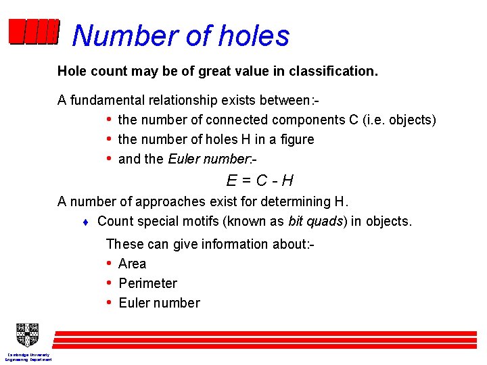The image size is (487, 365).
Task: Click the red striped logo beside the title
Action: [x=34, y=32]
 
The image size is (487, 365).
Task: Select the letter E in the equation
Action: [x=231, y=180]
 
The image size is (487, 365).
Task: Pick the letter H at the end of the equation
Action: [x=287, y=180]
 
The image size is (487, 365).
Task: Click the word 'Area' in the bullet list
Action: [x=132, y=264]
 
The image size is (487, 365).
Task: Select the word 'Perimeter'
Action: [x=147, y=283]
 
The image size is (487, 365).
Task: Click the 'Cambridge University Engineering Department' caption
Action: [x=28, y=357]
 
